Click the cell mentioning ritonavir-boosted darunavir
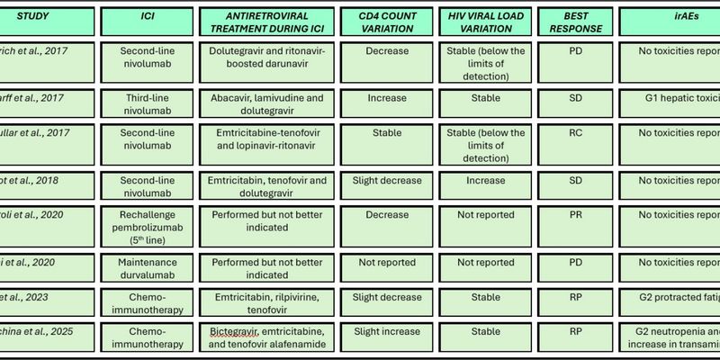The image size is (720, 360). tap(266, 58)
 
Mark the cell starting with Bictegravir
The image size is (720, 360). tap(266, 337)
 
